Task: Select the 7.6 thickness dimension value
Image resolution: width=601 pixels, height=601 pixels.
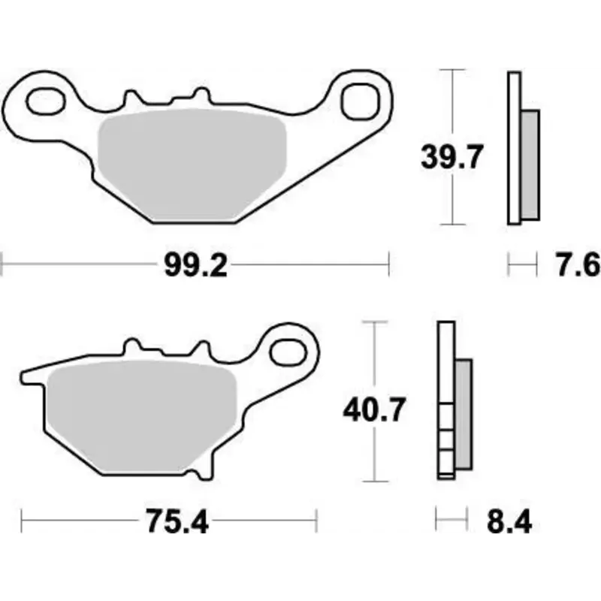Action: [x=577, y=265]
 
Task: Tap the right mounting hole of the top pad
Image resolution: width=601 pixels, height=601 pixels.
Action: [x=359, y=101]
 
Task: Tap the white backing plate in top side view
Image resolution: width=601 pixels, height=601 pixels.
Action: [x=515, y=147]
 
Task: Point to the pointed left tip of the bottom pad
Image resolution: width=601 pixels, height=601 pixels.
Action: [x=25, y=373]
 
